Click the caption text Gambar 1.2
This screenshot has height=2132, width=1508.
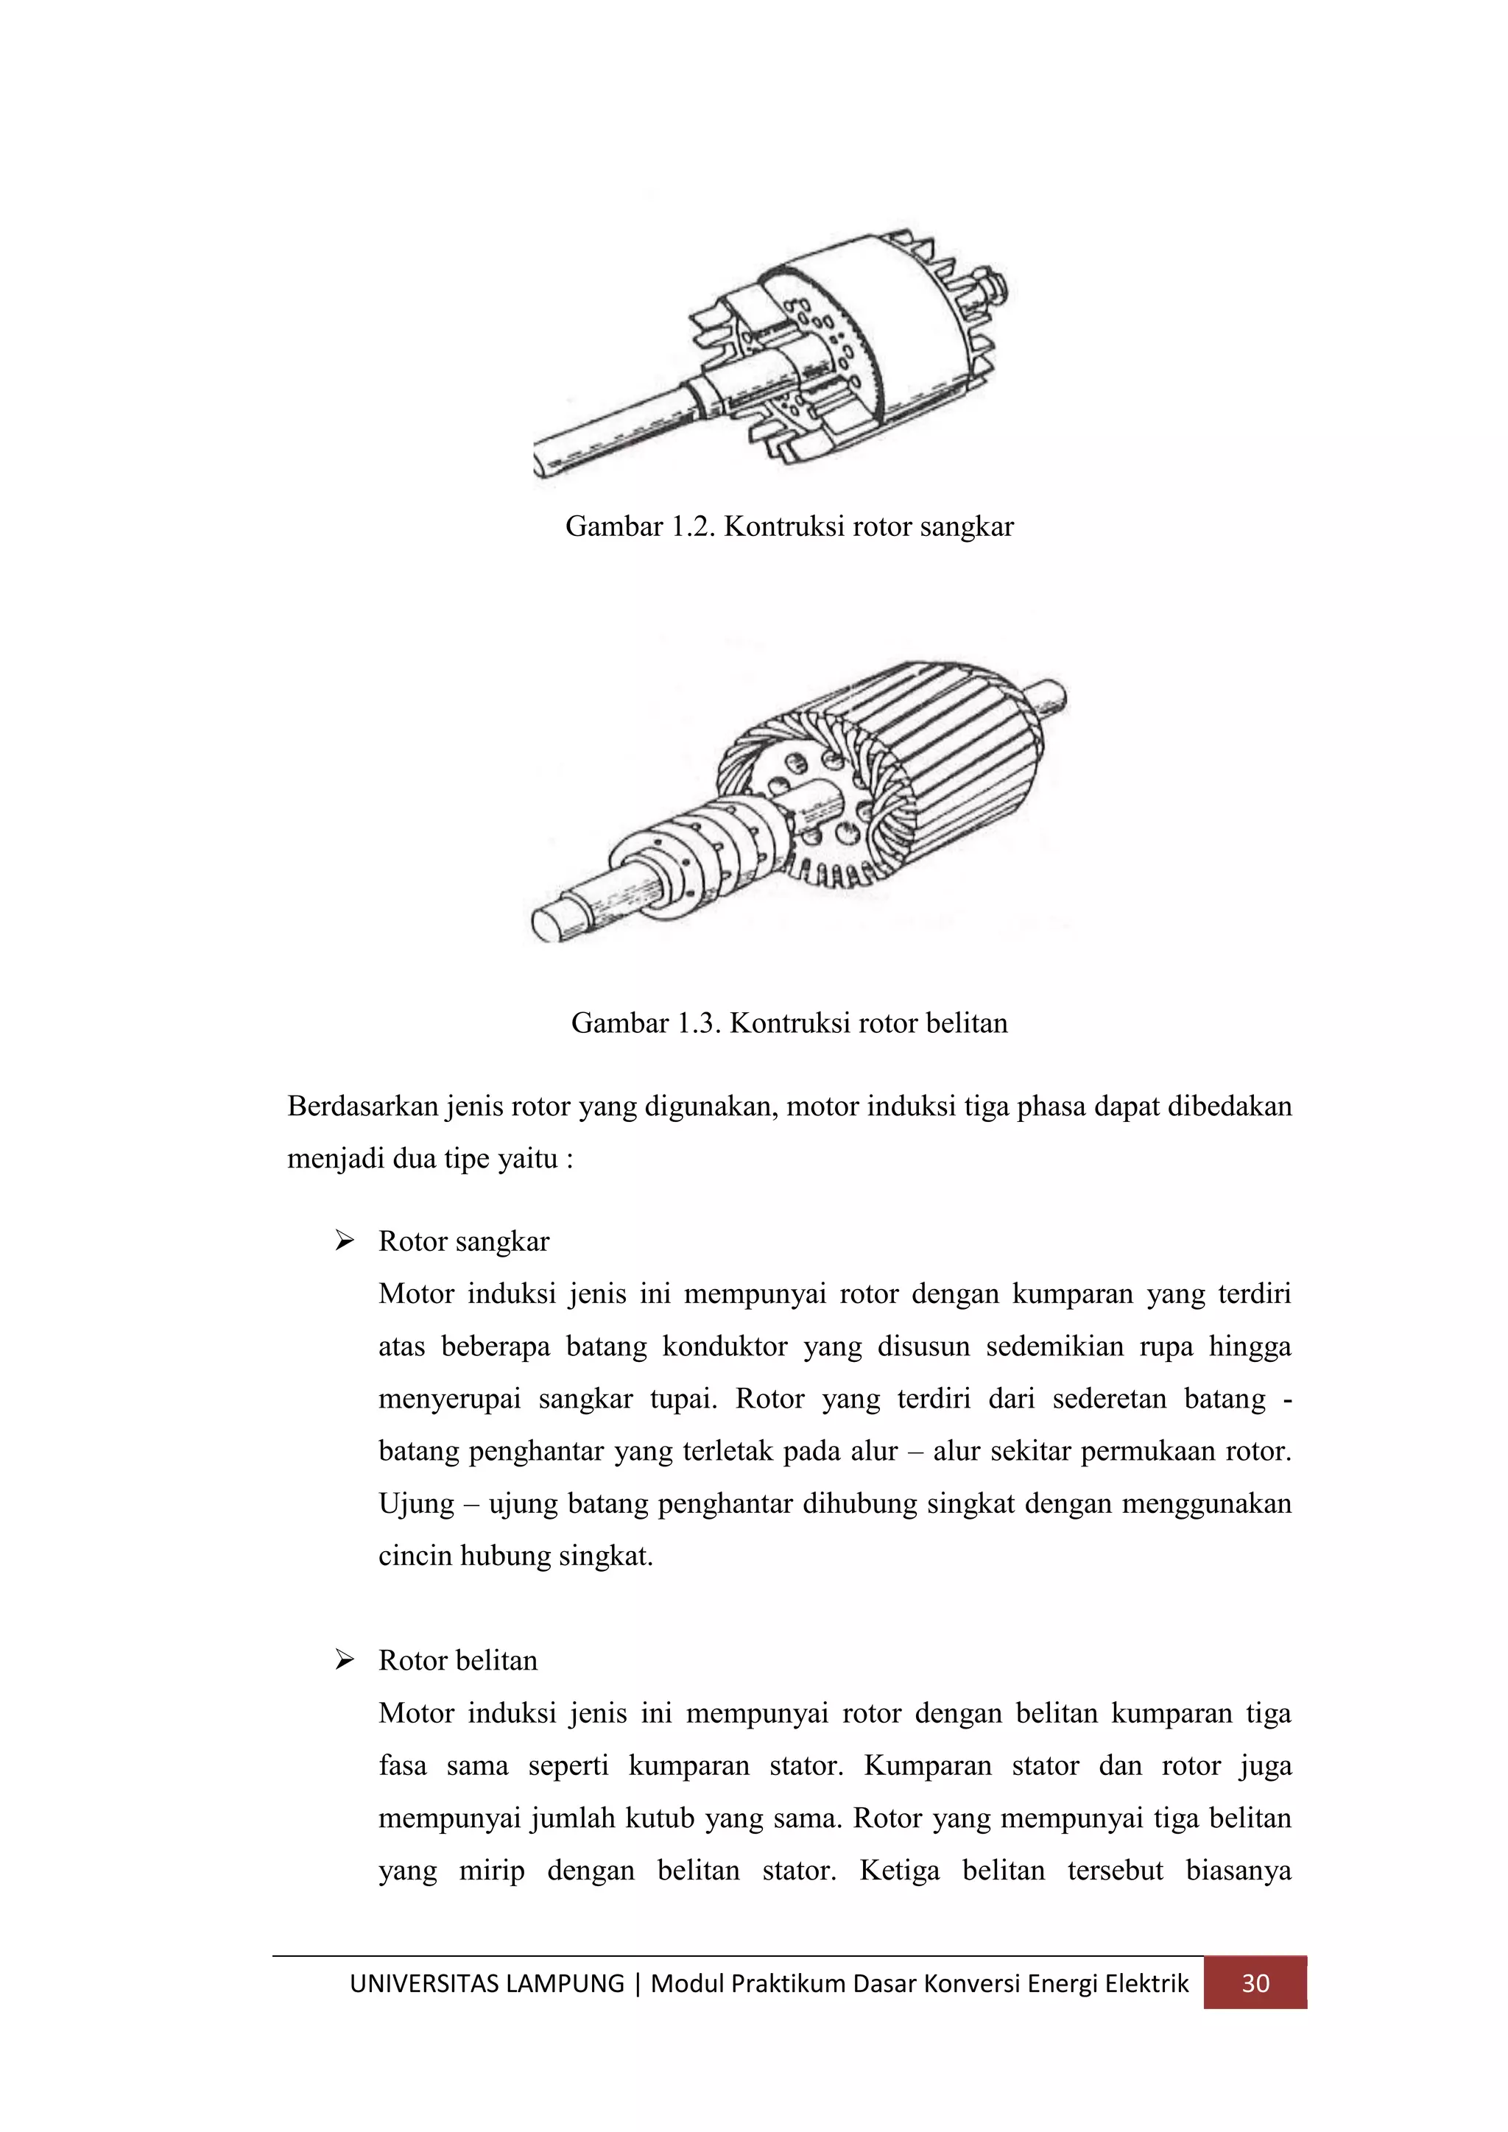640,526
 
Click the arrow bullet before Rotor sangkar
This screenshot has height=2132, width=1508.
345,1241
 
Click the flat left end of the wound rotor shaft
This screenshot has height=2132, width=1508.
549,926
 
